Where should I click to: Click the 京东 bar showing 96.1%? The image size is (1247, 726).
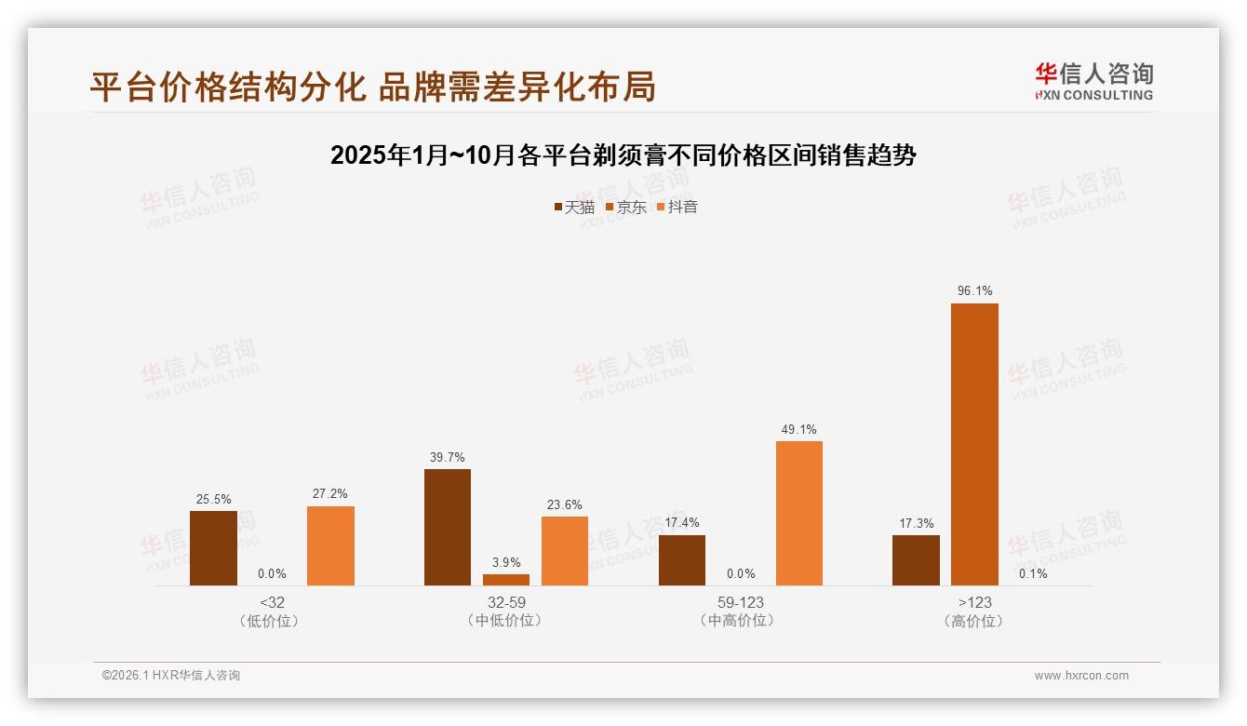tap(974, 444)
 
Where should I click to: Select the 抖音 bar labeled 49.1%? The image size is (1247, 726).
tap(799, 513)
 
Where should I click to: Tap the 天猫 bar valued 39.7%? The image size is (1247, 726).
tap(448, 527)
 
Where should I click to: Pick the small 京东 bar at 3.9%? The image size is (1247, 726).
tap(506, 580)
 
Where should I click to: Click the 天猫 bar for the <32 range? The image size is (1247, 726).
tap(213, 548)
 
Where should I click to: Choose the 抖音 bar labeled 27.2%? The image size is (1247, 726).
tap(330, 545)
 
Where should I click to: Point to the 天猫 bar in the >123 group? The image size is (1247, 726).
tap(916, 560)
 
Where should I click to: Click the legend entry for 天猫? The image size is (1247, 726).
tap(574, 208)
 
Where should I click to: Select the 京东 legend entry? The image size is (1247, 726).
tap(626, 208)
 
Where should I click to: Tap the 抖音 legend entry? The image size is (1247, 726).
tap(677, 208)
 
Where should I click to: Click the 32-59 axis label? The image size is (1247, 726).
tap(506, 602)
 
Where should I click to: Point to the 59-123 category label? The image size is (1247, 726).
tap(741, 602)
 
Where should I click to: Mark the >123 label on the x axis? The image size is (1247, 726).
tap(974, 602)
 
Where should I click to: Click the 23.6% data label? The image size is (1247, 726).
tap(565, 505)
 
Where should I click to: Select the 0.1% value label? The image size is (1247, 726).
tap(1033, 573)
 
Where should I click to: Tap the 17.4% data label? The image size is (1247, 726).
tap(682, 523)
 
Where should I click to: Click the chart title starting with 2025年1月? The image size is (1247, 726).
tap(623, 155)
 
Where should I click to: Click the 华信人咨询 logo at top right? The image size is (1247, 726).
tap(1093, 81)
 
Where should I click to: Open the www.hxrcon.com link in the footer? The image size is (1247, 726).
tap(1081, 676)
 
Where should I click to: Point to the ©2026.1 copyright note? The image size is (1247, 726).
tap(171, 676)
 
